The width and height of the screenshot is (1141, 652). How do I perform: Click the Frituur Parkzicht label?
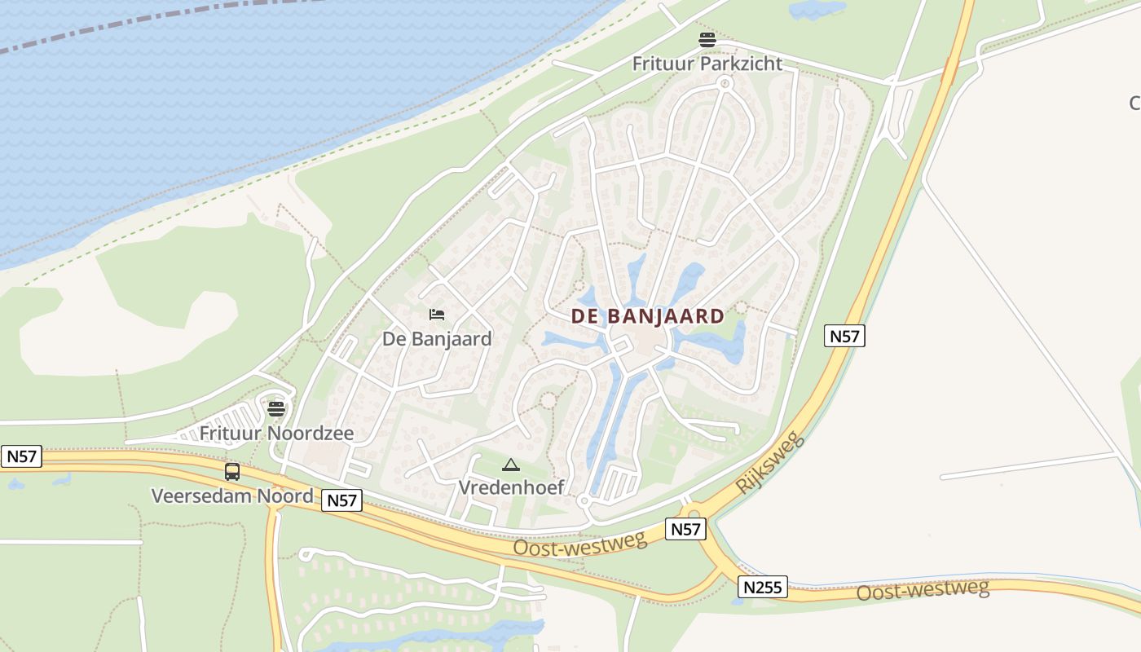point(707,64)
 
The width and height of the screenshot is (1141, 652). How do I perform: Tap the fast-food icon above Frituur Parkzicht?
point(707,39)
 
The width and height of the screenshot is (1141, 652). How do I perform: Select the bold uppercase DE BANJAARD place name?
point(648,316)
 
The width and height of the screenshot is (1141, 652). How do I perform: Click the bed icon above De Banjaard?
point(437,315)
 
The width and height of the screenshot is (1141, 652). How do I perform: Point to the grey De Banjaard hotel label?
point(437,338)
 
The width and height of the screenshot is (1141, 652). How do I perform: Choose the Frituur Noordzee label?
point(277,433)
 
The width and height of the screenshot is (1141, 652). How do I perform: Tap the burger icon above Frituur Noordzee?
point(276,408)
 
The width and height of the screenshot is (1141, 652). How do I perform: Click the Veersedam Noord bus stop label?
point(232,496)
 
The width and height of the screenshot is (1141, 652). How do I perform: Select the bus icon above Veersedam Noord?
point(232,472)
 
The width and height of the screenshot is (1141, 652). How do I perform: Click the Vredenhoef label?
point(511,487)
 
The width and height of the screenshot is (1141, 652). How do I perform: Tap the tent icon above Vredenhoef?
point(511,465)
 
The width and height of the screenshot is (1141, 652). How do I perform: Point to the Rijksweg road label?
point(770,462)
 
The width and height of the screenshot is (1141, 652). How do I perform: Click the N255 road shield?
point(764,586)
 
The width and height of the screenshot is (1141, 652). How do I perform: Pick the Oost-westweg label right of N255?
point(922,589)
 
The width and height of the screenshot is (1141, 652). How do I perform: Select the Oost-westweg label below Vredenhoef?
point(579,543)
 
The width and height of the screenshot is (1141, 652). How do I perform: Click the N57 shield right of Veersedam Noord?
point(341,500)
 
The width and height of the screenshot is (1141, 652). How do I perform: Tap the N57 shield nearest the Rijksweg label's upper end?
point(844,336)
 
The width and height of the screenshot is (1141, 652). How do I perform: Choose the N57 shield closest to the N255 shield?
point(685,529)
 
